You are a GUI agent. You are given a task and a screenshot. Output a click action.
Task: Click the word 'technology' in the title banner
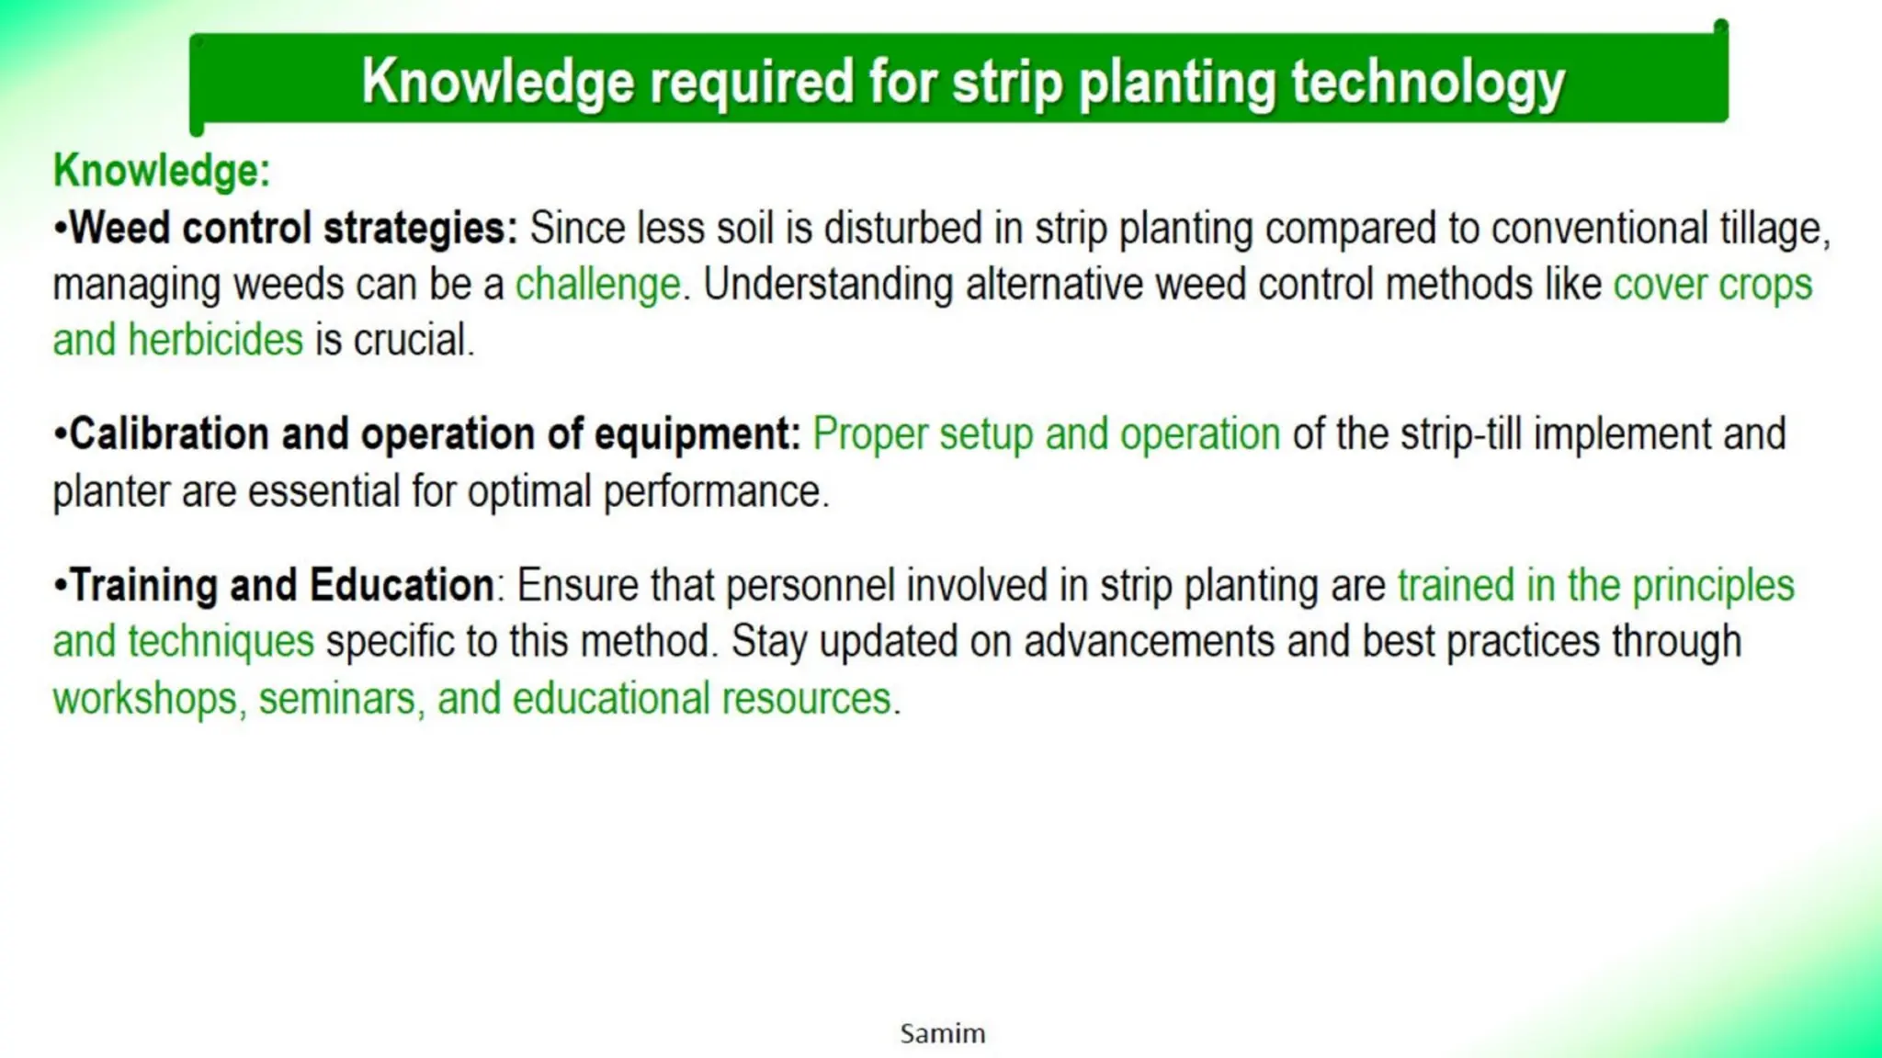tap(1427, 83)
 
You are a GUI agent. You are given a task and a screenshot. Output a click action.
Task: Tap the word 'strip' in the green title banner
tap(1007, 83)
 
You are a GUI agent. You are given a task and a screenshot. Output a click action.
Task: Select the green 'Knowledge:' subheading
tap(162, 171)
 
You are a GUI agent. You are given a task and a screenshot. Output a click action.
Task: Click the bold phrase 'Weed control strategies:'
tap(293, 228)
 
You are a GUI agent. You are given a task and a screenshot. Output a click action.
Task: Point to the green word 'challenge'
tap(597, 285)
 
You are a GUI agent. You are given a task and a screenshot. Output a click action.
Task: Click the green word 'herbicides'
tap(215, 341)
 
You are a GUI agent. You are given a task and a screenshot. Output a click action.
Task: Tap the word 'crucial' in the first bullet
tap(412, 341)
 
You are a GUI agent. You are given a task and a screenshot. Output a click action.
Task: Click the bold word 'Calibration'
tap(169, 434)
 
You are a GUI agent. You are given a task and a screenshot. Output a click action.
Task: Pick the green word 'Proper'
tap(869, 434)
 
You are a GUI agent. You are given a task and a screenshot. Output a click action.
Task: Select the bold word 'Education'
tap(402, 585)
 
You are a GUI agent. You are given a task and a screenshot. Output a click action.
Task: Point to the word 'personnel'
tap(810, 585)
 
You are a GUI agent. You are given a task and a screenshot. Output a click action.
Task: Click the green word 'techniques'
tap(221, 641)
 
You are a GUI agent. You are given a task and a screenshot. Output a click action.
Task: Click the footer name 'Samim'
tap(942, 1033)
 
